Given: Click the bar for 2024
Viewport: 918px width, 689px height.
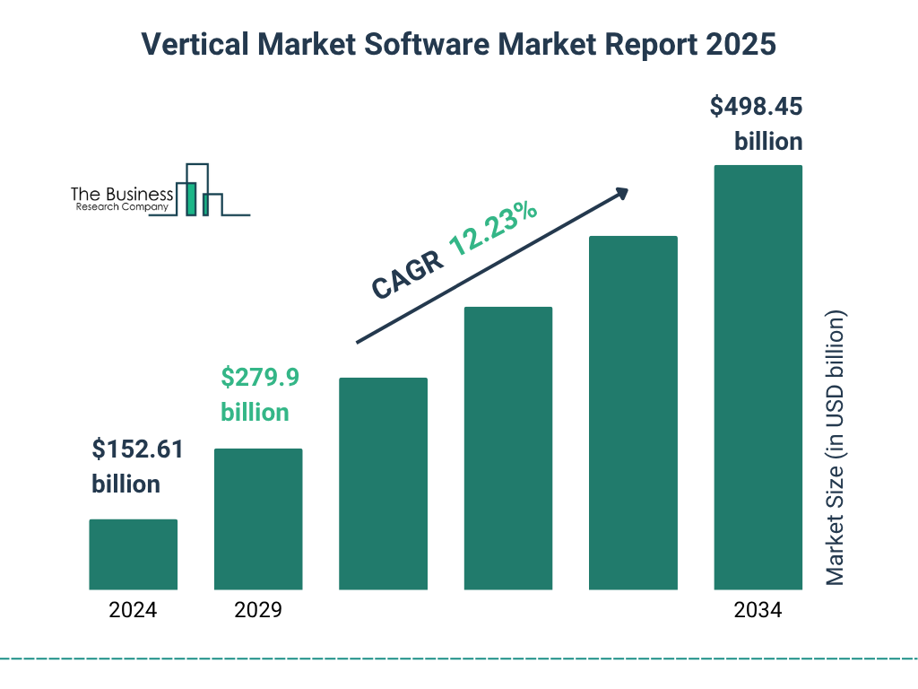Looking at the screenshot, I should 133,554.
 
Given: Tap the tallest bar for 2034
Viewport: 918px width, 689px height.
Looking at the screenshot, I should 758,377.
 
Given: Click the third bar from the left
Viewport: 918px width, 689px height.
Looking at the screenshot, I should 383,484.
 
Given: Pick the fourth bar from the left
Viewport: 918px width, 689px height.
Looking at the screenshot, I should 508,448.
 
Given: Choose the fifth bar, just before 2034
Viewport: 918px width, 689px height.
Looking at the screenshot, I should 633,413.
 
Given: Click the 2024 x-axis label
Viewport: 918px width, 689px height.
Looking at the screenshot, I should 133,611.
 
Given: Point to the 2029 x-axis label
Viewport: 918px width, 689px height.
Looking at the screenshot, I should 258,611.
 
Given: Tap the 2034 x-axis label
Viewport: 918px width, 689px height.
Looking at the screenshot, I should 758,611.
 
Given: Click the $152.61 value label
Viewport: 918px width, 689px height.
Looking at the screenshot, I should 137,449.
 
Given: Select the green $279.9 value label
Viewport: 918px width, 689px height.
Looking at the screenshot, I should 260,378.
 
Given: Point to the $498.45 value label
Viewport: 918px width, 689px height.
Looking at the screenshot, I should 756,107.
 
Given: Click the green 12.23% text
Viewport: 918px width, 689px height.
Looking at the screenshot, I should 493,229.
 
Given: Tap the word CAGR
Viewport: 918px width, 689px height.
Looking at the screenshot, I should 406,274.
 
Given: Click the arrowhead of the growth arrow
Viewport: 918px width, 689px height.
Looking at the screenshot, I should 620,194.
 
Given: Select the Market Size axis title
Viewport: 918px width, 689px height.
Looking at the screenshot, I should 836,449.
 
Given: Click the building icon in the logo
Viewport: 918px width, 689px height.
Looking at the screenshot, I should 199,191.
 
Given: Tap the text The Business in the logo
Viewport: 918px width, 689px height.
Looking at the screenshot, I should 122,195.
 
